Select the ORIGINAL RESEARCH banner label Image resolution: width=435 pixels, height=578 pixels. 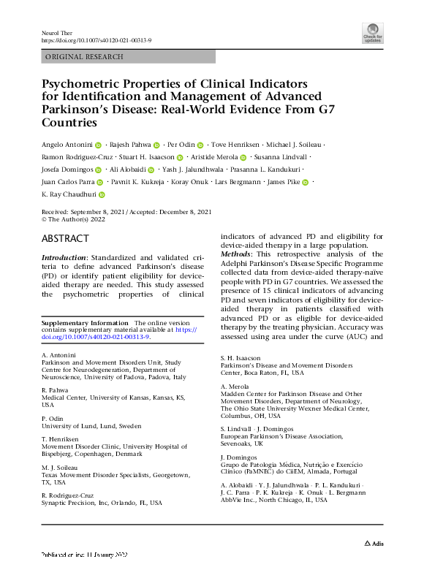[84, 57]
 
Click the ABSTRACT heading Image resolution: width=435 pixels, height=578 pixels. [66, 239]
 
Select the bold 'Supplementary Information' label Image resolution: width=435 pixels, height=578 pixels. [83, 322]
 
